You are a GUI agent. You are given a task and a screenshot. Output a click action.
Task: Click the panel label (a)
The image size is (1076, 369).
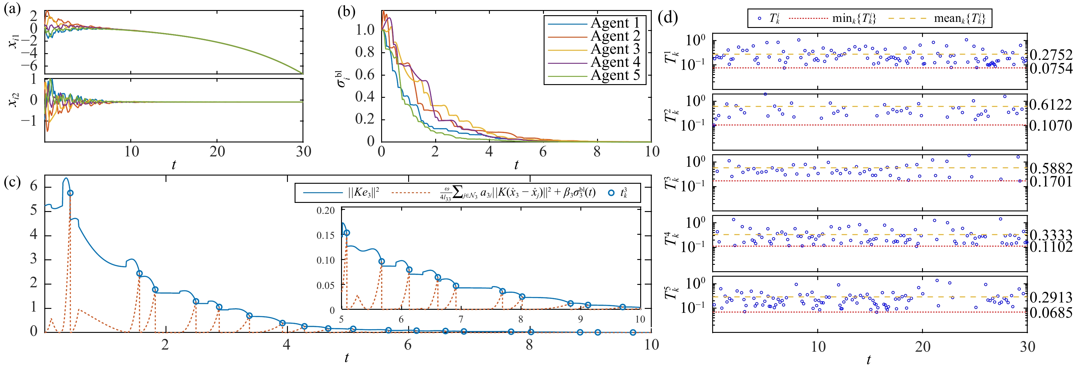(12, 9)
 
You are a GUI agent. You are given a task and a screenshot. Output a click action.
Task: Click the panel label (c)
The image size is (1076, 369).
(12, 182)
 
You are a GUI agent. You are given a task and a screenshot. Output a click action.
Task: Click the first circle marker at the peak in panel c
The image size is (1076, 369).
(70, 193)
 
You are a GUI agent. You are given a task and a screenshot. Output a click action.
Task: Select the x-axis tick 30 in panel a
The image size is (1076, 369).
(304, 151)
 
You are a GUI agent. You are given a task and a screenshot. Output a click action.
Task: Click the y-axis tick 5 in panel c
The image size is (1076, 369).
(34, 210)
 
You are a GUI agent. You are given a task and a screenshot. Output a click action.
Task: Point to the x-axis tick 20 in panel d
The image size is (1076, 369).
(923, 347)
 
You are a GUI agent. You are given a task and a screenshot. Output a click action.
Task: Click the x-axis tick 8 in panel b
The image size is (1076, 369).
(597, 151)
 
